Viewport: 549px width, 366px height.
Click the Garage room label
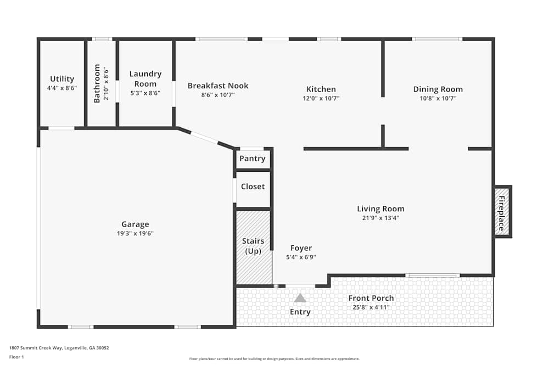(135, 224)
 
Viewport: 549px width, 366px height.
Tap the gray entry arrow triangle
(300, 298)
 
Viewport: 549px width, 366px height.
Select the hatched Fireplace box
(502, 212)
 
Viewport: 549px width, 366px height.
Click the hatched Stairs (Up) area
(253, 247)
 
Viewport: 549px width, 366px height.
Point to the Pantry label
(253, 159)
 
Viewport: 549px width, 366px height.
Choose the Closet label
(253, 187)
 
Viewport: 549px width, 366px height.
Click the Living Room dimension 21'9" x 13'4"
(380, 218)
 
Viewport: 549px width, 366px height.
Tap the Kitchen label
(321, 89)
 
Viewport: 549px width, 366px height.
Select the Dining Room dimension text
(438, 99)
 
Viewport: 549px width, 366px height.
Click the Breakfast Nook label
(218, 86)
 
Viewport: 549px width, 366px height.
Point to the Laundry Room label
(145, 79)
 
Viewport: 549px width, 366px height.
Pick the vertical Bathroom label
(97, 83)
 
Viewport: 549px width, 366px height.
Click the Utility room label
(62, 79)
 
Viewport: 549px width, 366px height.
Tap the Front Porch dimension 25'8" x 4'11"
(371, 307)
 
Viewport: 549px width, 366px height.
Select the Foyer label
(301, 248)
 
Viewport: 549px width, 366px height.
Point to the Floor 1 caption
(16, 357)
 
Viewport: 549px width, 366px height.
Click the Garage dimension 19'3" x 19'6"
(135, 234)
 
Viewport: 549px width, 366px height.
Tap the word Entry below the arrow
(300, 312)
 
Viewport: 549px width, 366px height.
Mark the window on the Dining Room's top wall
(437, 39)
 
